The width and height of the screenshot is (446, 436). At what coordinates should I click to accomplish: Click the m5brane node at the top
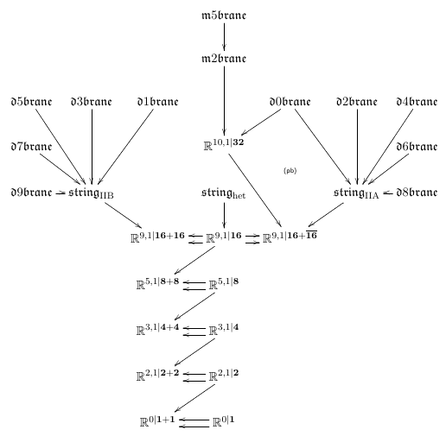pyautogui.click(x=224, y=16)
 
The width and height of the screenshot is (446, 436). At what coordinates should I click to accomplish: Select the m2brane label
pyautogui.click(x=224, y=59)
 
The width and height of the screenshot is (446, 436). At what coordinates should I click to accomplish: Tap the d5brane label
pyautogui.click(x=31, y=102)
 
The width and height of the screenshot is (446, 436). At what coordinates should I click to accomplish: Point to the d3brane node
pyautogui.click(x=92, y=102)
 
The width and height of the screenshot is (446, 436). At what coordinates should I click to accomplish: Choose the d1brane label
pyautogui.click(x=157, y=102)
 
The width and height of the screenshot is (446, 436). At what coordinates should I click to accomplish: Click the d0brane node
pyautogui.click(x=290, y=102)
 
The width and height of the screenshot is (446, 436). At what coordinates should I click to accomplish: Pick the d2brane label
pyautogui.click(x=357, y=102)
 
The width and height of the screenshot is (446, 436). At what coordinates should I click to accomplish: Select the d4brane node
pyautogui.click(x=417, y=102)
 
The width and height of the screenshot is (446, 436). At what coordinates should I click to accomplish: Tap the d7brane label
pyautogui.click(x=31, y=147)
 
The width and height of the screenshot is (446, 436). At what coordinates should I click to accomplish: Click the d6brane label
pyautogui.click(x=417, y=147)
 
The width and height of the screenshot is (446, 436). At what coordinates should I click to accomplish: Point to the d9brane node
pyautogui.click(x=31, y=192)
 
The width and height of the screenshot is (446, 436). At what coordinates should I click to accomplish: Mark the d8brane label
pyautogui.click(x=417, y=192)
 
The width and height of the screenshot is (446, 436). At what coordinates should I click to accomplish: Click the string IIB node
pyautogui.click(x=91, y=193)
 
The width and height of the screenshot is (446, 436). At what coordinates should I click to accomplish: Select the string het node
pyautogui.click(x=224, y=193)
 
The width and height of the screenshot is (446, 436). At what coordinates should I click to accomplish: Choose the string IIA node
pyautogui.click(x=356, y=193)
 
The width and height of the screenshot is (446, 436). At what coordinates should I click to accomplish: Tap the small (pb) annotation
pyautogui.click(x=290, y=171)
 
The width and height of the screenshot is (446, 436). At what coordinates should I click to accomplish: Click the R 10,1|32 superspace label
pyautogui.click(x=224, y=144)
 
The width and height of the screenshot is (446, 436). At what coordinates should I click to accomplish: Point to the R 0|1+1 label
pyautogui.click(x=157, y=421)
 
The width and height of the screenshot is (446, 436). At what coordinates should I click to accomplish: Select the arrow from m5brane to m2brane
pyautogui.click(x=224, y=36)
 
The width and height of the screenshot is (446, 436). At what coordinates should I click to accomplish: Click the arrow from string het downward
pyautogui.click(x=224, y=215)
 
